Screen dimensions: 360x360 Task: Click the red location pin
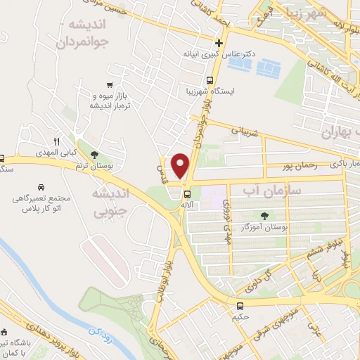tap(181, 165)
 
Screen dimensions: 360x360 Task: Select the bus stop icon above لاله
tap(186, 194)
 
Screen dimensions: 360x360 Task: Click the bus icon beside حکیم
tap(240, 306)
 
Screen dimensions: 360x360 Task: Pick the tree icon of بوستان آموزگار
tap(264, 216)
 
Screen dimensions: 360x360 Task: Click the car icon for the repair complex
tap(42, 188)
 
